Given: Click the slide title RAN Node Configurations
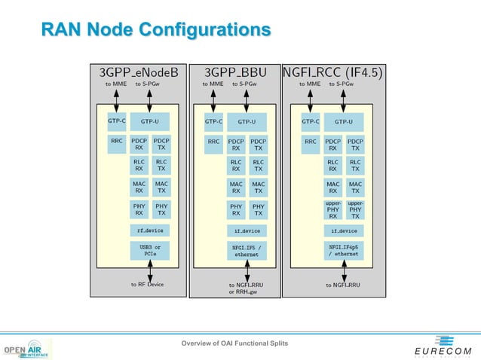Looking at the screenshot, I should pyautogui.click(x=155, y=29).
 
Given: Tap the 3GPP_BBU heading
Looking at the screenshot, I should pyautogui.click(x=234, y=72).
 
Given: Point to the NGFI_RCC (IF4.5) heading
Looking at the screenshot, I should pyautogui.click(x=332, y=72).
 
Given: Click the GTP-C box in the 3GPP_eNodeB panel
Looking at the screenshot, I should pyautogui.click(x=116, y=121).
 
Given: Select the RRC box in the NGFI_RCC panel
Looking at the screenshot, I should pyautogui.click(x=310, y=141).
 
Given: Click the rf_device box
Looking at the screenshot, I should pyautogui.click(x=150, y=230).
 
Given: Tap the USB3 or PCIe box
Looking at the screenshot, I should pyautogui.click(x=150, y=250).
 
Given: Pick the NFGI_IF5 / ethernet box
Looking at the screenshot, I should pyautogui.click(x=247, y=250).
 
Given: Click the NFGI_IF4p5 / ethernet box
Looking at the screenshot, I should pyautogui.click(x=344, y=250).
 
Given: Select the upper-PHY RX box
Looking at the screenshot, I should pyautogui.click(x=333, y=209).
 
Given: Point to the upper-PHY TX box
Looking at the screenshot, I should pyautogui.click(x=355, y=209).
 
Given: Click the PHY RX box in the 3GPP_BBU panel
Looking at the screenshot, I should pyautogui.click(x=236, y=209).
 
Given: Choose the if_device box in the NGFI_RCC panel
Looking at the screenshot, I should pyautogui.click(x=344, y=230).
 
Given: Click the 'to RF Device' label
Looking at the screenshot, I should pyautogui.click(x=147, y=285).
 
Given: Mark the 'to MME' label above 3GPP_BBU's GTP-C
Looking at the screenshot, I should pyautogui.click(x=213, y=84).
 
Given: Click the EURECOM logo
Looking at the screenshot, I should pyautogui.click(x=443, y=347).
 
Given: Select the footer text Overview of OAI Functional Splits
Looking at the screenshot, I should pyautogui.click(x=234, y=343).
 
